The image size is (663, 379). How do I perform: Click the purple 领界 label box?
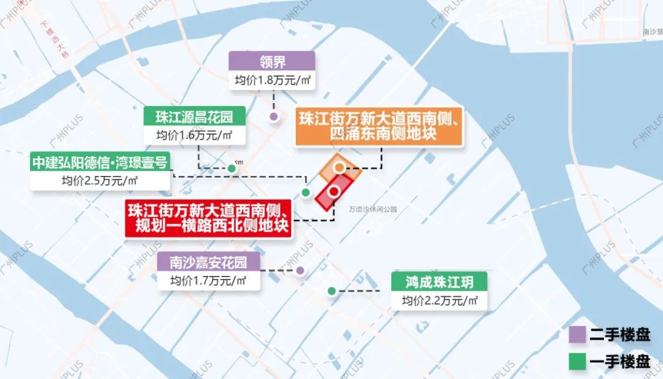pos(272,61)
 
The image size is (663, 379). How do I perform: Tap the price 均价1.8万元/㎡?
pos(272,81)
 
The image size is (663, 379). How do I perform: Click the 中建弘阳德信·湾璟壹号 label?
pos(100,163)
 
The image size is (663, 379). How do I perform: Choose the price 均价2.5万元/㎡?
pos(100,181)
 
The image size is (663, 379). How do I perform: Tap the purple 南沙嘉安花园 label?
pos(208,262)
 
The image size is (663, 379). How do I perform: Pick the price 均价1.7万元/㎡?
pos(208,281)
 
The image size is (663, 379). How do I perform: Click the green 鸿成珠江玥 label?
pos(440,282)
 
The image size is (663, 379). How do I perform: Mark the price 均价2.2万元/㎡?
pos(440,301)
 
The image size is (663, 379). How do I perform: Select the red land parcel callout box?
pos(208,218)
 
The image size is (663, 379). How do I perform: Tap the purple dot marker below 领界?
pos(274,117)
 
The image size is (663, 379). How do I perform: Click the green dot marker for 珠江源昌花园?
pos(231,168)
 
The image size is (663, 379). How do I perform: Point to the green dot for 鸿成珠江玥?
pos(332,291)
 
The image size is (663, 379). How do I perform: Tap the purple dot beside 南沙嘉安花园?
pos(300,270)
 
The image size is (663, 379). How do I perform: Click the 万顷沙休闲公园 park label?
pos(373,209)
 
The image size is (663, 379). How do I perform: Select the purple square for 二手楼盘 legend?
pos(577,335)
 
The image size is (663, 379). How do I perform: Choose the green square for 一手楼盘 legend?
pos(577,361)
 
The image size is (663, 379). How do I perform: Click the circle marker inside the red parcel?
pos(334,191)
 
